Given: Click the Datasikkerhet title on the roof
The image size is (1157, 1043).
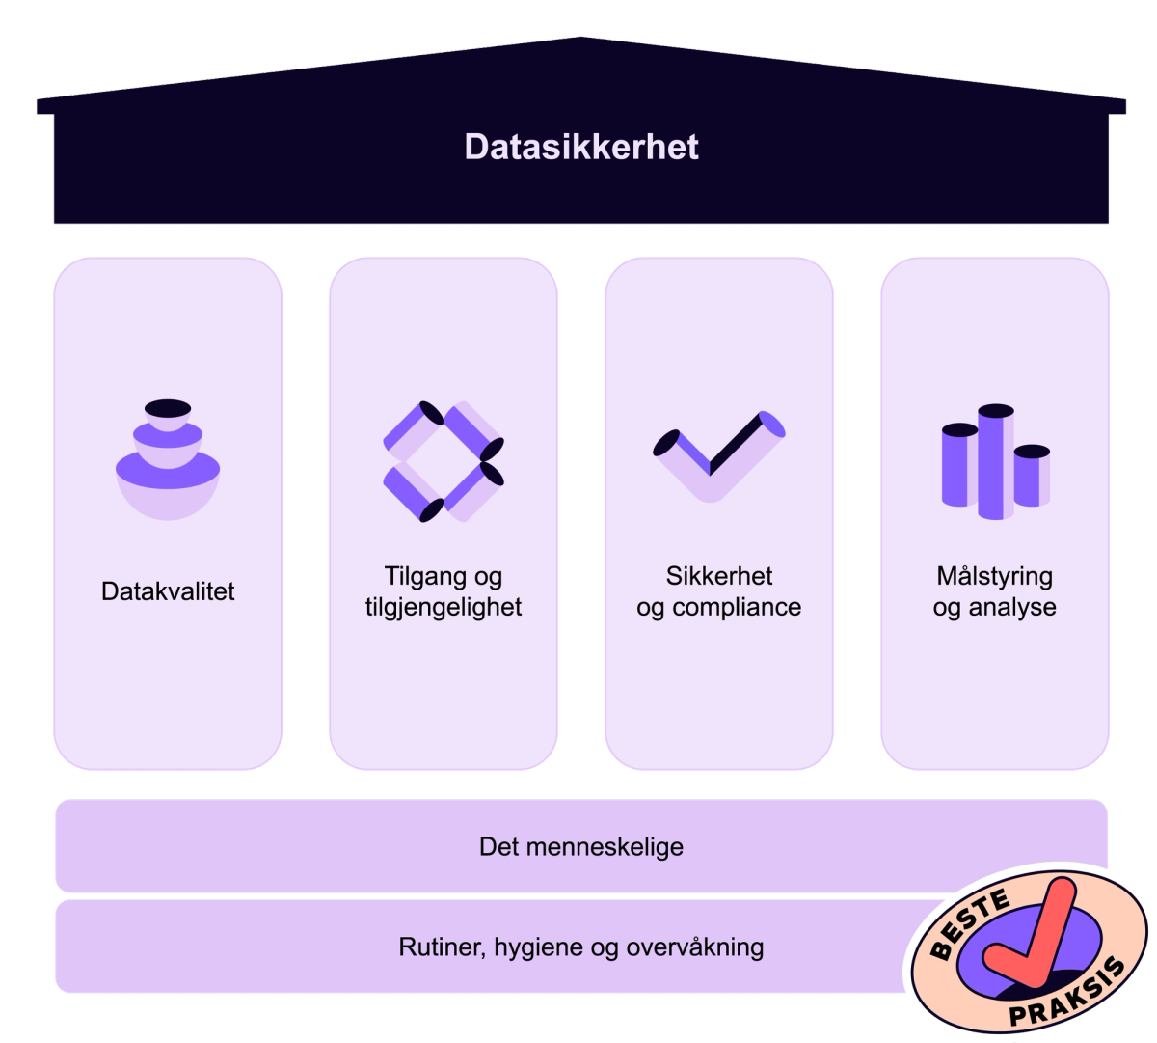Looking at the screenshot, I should (x=581, y=147).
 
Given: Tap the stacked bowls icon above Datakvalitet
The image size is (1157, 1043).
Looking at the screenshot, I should (x=168, y=459).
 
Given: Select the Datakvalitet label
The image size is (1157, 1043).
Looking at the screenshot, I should (x=168, y=590).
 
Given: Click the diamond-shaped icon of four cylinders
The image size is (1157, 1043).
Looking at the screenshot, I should (x=444, y=461).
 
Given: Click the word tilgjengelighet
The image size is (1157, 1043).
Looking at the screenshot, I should (x=444, y=607).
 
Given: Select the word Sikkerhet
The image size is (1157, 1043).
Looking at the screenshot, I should (x=719, y=576).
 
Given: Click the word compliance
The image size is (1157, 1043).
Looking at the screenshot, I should (x=737, y=607).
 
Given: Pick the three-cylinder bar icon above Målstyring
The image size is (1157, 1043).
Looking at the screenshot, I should (x=995, y=461).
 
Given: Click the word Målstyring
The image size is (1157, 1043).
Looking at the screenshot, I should (x=994, y=576).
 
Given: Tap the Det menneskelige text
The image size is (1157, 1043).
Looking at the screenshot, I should (x=581, y=847).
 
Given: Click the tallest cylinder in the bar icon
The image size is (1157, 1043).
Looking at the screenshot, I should (x=996, y=461).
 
